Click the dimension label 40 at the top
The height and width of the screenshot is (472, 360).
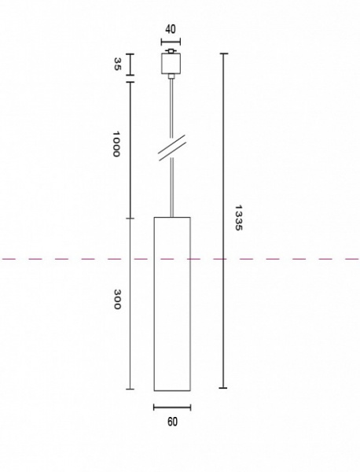pos(171,30)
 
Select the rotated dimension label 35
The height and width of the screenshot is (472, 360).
pos(116,65)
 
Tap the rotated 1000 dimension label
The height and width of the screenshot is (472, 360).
pos(116,144)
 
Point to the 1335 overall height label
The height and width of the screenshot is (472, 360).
pos(238,218)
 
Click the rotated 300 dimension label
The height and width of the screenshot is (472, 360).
pos(117,299)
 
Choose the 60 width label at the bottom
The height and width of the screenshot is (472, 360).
pos(172,422)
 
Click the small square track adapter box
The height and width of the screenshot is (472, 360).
pos(171,64)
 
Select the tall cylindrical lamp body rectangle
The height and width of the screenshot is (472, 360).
pos(172,304)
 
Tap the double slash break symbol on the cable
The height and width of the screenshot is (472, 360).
pos(172,148)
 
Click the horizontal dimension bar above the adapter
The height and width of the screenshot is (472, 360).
pos(171,42)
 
